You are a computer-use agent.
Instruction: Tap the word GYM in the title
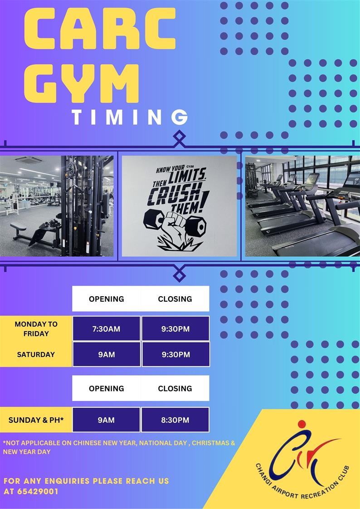click(x=82, y=83)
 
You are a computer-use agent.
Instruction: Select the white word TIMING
click(x=130, y=117)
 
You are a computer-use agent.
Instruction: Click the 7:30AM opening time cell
click(x=107, y=328)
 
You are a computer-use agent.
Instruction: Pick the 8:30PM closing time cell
click(x=175, y=420)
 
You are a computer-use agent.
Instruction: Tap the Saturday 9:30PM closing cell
click(x=176, y=354)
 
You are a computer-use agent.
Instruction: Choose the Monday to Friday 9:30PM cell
click(x=175, y=328)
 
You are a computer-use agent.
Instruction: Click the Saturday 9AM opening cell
click(x=107, y=354)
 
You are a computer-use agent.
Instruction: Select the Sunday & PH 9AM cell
click(x=107, y=420)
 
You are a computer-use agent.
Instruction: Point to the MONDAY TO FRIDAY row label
click(x=36, y=328)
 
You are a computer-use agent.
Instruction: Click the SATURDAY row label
click(x=36, y=354)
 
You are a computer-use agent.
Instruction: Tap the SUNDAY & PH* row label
click(x=36, y=420)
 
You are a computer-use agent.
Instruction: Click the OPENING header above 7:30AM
click(x=107, y=299)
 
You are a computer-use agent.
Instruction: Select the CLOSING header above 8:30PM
click(x=175, y=389)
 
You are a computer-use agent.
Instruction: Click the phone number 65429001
click(x=38, y=491)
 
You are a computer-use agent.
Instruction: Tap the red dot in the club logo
click(x=302, y=424)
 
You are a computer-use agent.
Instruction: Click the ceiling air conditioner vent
click(x=28, y=160)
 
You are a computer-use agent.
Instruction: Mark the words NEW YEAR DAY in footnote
click(x=27, y=451)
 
